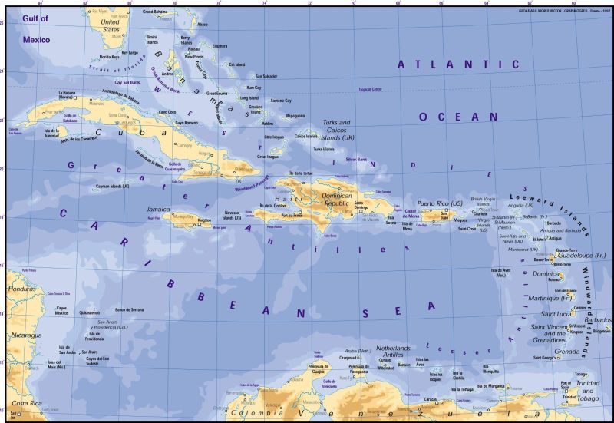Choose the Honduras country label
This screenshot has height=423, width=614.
pyautogui.click(x=21, y=289)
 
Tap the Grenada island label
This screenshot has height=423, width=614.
pyautogui.click(x=566, y=352)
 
